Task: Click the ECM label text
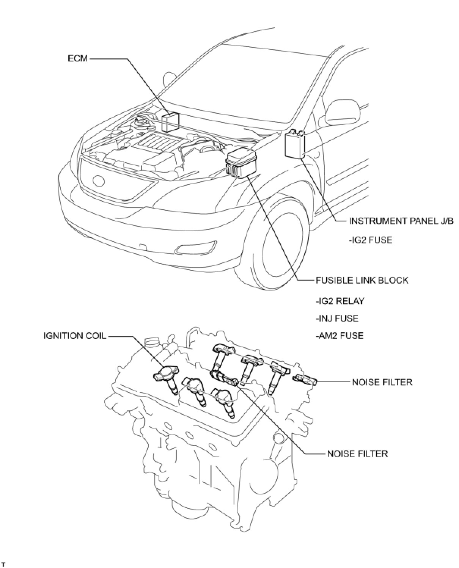point(77,58)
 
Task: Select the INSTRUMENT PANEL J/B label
point(401,221)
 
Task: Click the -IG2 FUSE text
point(370,240)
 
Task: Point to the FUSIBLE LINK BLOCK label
point(362,280)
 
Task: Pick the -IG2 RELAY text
point(340,301)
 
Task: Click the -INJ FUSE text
point(336,318)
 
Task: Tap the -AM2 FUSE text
point(339,336)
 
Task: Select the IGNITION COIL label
point(75,336)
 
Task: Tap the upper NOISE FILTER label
point(382,382)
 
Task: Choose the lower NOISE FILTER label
point(357,453)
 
